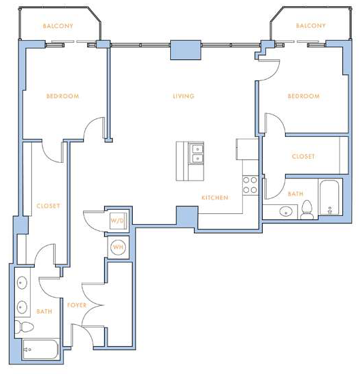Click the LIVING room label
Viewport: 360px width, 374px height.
pos(184,96)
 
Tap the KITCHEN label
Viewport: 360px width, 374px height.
pos(215,198)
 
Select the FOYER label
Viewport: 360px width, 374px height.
pos(77,305)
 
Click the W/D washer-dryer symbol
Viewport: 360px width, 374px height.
pos(118,221)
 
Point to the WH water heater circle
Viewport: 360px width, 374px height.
pos(118,247)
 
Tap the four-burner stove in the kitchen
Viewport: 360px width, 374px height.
pos(250,185)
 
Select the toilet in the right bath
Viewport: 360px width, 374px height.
pos(307,210)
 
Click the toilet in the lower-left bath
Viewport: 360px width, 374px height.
pos(24,327)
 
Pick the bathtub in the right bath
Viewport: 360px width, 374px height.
pos(329,198)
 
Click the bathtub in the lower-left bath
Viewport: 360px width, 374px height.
pos(40,349)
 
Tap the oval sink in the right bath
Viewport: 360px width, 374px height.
pos(286,212)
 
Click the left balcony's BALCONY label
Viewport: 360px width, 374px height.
pos(58,26)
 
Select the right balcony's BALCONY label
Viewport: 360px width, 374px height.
pos(311,25)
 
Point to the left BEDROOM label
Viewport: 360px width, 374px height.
pos(63,96)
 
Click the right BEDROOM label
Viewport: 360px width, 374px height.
pos(304,96)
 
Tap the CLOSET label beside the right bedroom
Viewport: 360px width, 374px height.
pos(304,156)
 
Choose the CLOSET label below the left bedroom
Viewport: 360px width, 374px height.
pos(48,206)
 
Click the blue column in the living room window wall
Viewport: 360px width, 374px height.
pos(186,50)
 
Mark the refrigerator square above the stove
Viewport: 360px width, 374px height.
pos(247,149)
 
